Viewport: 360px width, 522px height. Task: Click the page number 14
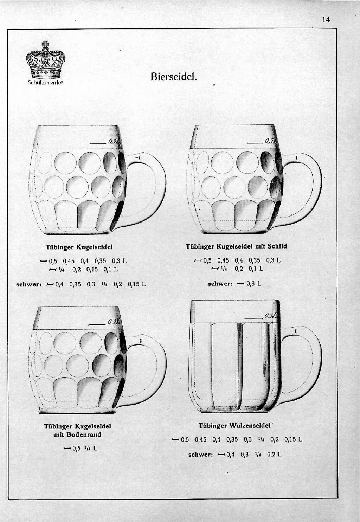pos(326,20)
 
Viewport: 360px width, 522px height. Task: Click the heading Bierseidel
pos(174,76)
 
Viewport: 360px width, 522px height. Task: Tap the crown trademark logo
pos(46,60)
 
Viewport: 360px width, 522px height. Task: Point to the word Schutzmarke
pos(46,83)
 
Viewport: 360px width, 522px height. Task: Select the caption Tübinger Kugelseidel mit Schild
pos(236,246)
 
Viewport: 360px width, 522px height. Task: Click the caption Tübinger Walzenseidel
pos(234,426)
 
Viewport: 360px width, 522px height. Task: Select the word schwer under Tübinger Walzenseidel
pos(201,455)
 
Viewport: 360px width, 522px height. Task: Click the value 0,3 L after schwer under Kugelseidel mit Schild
pos(253,283)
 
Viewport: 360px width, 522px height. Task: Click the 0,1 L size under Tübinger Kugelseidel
pos(110,270)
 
